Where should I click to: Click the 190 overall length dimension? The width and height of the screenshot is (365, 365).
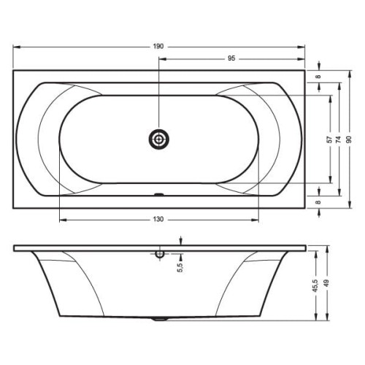tap(158, 47)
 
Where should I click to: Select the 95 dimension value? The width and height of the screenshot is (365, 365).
tap(231, 58)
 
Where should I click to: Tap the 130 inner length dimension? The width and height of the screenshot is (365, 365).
tap(158, 219)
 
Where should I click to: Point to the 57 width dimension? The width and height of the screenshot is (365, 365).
tap(329, 139)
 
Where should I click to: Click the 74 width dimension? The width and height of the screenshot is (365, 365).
tap(339, 139)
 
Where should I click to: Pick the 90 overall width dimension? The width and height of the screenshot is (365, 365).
tap(350, 139)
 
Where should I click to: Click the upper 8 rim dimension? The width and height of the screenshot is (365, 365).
tap(318, 77)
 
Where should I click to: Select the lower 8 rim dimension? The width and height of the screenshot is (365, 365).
tap(318, 202)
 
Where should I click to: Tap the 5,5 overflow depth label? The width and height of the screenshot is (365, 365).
tap(180, 267)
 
